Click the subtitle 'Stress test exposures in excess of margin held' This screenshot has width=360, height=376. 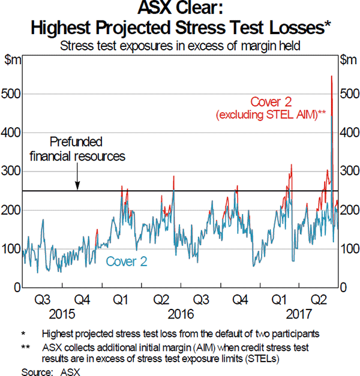tap(180, 45)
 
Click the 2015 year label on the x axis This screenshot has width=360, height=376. tap(63, 313)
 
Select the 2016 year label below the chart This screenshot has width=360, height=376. tap(181, 313)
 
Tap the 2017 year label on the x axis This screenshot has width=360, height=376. tap(299, 313)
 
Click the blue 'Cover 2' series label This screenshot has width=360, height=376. tap(127, 261)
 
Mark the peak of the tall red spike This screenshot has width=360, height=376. tap(331, 76)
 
